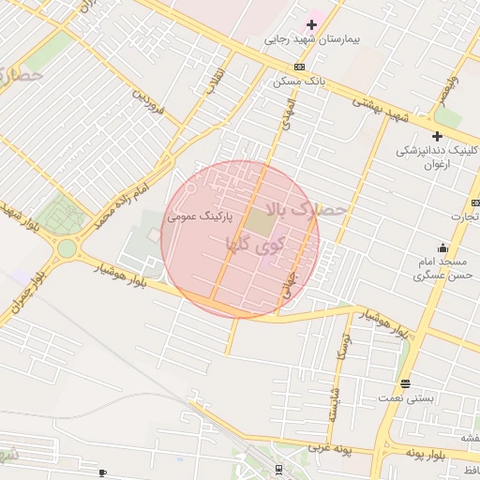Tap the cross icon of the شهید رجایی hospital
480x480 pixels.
[312, 23]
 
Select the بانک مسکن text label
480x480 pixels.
[299, 82]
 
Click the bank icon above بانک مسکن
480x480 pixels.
[299, 67]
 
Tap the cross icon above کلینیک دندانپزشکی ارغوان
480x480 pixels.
[437, 137]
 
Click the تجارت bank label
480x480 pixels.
[464, 217]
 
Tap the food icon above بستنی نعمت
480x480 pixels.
[405, 382]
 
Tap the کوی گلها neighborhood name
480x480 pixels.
[255, 246]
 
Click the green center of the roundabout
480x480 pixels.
[67, 249]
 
